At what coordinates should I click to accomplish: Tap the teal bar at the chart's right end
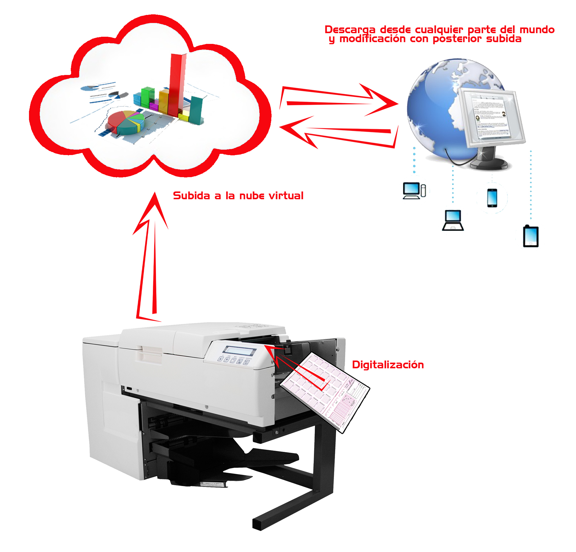click(196, 109)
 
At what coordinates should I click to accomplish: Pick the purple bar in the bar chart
click(154, 106)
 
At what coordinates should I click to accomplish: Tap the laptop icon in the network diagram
click(453, 220)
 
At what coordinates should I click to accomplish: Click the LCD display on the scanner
click(240, 350)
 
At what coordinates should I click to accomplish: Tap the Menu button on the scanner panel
click(233, 361)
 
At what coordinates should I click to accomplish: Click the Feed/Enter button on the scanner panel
click(247, 362)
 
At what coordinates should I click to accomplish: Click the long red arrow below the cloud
click(150, 254)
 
